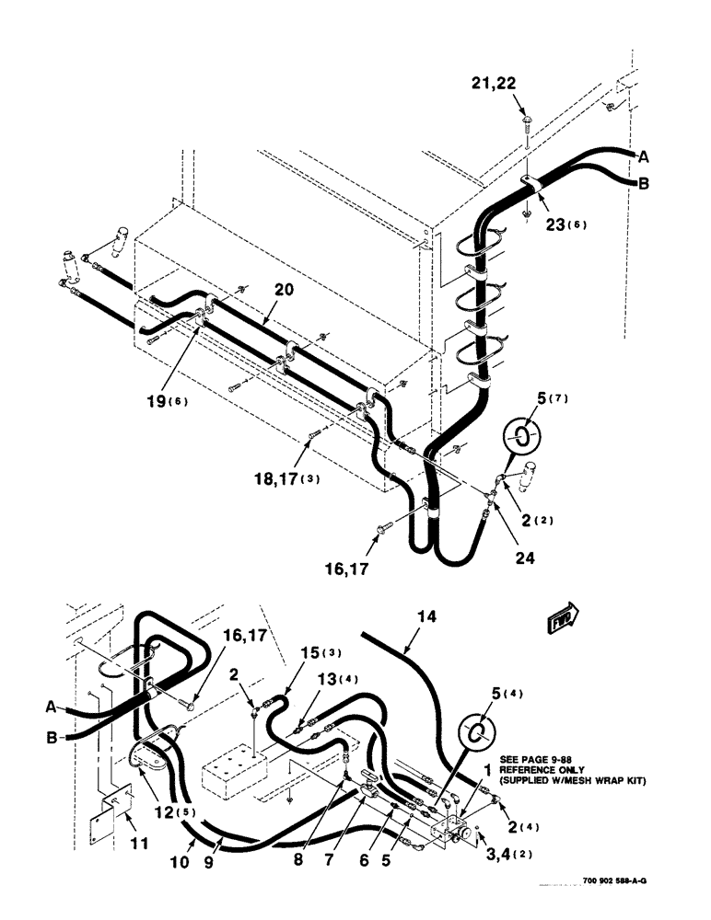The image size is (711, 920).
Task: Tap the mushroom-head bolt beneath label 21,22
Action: click(524, 117)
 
